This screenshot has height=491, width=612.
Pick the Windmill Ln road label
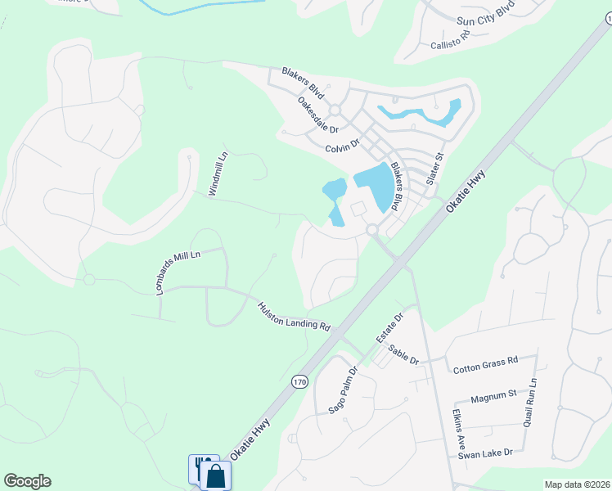point(216,174)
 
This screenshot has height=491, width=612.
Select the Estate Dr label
point(389,327)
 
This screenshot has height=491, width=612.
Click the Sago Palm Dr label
point(344,390)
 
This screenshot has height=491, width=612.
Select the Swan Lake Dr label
point(485,453)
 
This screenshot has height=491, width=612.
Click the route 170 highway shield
point(299,381)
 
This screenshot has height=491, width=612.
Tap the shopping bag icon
point(216,475)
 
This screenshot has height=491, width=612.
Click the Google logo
point(27,481)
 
